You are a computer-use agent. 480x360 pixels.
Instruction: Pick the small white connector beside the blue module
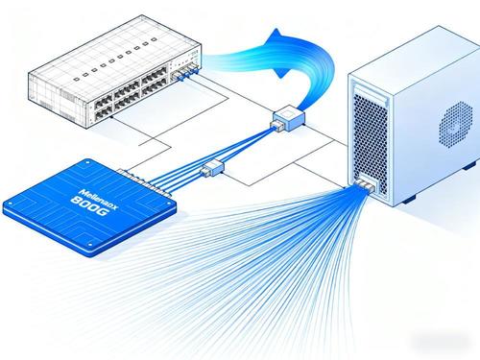(x=209, y=170)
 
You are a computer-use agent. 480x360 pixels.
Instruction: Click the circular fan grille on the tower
(x=452, y=126)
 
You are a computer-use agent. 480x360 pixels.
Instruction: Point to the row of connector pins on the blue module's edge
(x=144, y=179)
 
